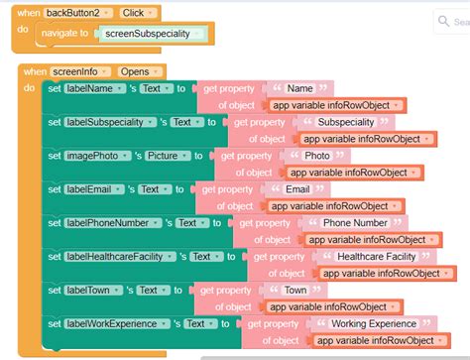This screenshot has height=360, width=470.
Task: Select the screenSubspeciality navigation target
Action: click(154, 34)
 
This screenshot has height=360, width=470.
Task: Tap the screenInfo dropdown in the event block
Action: click(82, 71)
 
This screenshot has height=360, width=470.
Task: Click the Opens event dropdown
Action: click(140, 71)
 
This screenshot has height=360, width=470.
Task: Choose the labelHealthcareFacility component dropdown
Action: click(124, 256)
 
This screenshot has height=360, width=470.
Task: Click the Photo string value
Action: click(317, 156)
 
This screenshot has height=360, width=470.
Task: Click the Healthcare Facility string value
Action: click(375, 256)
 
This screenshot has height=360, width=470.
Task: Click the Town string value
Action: click(295, 290)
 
